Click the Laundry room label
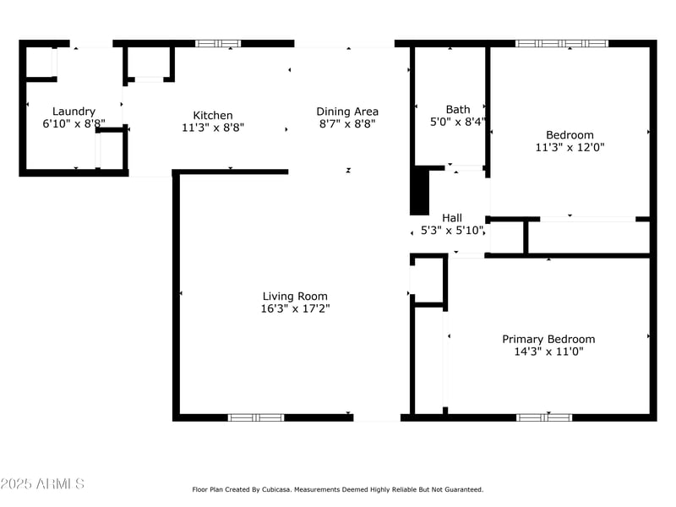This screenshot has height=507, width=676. (x=74, y=111)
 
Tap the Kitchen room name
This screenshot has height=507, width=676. (x=213, y=116)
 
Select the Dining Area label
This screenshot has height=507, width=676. (x=347, y=111)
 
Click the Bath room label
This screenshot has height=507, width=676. (x=458, y=109)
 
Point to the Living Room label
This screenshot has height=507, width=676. (x=295, y=296)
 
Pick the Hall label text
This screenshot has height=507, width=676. (x=452, y=218)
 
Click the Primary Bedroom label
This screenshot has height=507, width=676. (x=548, y=339)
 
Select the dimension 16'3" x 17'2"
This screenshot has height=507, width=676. (x=295, y=308)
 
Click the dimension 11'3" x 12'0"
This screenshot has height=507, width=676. (x=570, y=147)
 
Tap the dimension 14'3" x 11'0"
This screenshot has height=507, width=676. (x=548, y=352)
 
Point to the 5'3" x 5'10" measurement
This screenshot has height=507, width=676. (x=452, y=230)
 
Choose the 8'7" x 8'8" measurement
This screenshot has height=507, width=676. (x=347, y=123)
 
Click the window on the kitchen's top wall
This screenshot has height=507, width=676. (x=218, y=43)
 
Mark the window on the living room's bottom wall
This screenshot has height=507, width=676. (x=256, y=417)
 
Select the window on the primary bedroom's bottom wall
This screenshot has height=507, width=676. (x=544, y=417)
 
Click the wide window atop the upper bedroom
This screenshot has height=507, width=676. (x=562, y=43)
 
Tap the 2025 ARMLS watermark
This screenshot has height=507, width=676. (x=42, y=484)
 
